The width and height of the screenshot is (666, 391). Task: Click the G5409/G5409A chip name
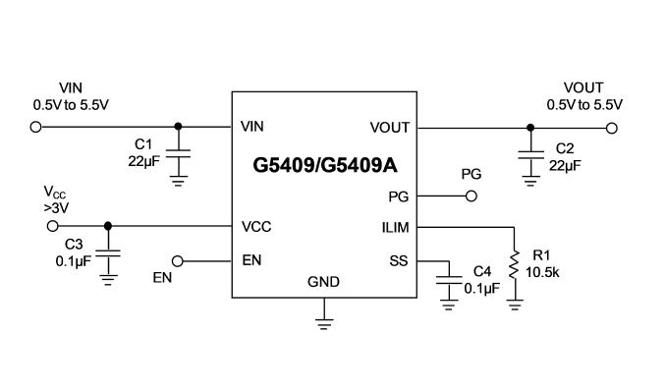[x=325, y=165]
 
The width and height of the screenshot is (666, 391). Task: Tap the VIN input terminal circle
[x=35, y=127]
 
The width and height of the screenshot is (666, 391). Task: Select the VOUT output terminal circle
[x=612, y=128]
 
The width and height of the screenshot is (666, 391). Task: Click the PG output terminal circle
[x=472, y=195]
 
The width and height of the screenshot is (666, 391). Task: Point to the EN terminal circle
[x=178, y=261]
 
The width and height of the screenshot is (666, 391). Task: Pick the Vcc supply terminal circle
[x=52, y=226]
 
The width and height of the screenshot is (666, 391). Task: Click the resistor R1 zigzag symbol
[x=515, y=264]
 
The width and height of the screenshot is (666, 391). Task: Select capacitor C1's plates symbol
[x=178, y=153]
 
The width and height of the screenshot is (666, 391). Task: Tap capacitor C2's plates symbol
[x=530, y=154]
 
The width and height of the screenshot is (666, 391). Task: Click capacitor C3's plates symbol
[x=108, y=253]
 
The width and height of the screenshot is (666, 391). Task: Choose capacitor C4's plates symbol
[x=449, y=281]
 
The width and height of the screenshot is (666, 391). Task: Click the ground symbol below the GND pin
[x=324, y=324]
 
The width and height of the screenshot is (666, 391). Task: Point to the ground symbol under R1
[x=515, y=306]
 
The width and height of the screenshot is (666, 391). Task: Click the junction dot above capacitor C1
[x=178, y=126]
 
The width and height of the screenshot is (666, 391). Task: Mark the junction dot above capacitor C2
[x=530, y=128]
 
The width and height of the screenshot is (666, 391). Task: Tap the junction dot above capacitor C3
[x=108, y=226]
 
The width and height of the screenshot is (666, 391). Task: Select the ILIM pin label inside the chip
[x=395, y=228]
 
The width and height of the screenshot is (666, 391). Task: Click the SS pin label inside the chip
[x=399, y=261]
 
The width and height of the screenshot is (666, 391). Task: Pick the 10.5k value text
[x=542, y=272]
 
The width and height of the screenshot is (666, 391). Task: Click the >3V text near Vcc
[x=56, y=208]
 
